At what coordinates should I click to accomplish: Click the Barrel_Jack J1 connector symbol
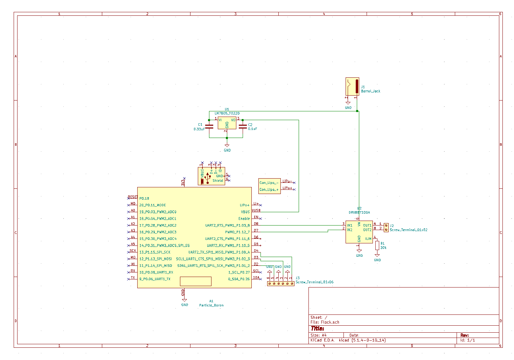(x=352, y=86)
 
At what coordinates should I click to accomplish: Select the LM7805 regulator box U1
(x=227, y=123)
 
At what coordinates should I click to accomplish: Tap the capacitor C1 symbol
(x=209, y=126)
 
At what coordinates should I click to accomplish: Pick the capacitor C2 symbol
(x=243, y=126)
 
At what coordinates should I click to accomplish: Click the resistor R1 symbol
(x=377, y=245)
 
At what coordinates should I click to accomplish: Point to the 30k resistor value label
(x=383, y=248)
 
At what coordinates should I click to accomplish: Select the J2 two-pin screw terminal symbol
(x=386, y=228)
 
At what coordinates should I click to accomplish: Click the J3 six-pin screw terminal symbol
(x=280, y=283)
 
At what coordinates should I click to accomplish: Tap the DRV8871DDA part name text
(x=359, y=213)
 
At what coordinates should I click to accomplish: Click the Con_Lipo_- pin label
(x=269, y=183)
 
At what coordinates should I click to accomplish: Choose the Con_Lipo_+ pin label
(x=269, y=190)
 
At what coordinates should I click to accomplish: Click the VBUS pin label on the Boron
(x=245, y=212)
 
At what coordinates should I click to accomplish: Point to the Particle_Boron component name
(x=211, y=305)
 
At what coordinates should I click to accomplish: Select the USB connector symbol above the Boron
(x=211, y=176)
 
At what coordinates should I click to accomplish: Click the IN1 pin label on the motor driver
(x=349, y=226)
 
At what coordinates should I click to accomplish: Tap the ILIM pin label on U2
(x=368, y=239)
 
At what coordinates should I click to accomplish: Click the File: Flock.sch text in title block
(x=325, y=322)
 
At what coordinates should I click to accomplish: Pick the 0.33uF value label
(x=199, y=129)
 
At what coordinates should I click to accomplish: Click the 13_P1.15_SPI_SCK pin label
(x=155, y=252)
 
